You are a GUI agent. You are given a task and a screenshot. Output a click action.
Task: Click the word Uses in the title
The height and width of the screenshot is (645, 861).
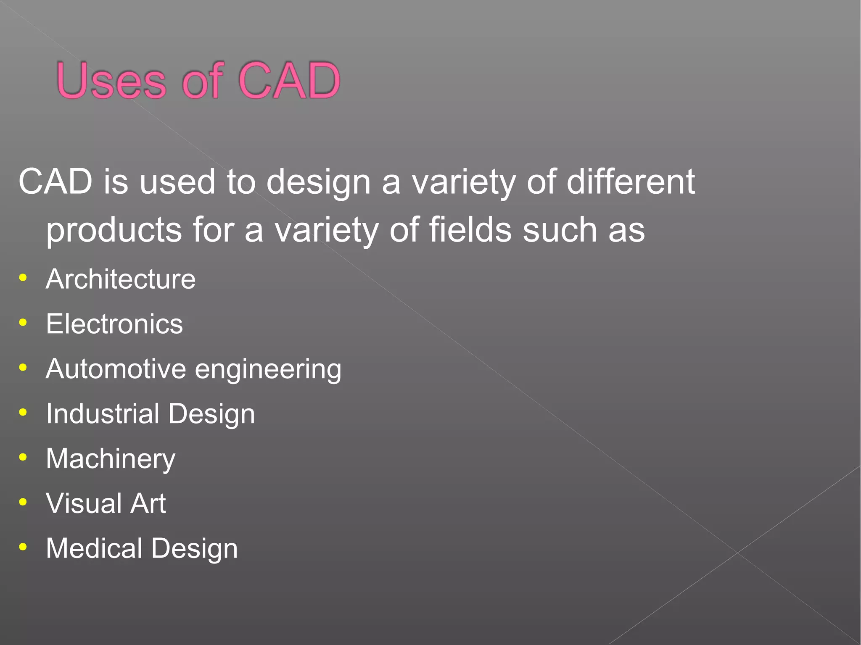111,81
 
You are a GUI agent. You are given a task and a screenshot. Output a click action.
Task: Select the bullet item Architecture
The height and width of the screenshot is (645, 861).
121,279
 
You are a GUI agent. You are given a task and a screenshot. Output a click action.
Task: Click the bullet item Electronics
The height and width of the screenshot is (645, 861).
114,324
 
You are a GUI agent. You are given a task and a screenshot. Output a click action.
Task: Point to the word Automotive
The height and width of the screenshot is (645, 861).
116,369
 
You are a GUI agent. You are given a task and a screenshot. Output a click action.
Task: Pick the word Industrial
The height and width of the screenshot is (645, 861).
103,413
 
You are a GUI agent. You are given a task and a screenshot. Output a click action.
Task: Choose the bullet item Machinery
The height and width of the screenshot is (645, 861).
111,459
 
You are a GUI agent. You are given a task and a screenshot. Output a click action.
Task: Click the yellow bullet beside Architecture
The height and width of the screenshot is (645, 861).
23,278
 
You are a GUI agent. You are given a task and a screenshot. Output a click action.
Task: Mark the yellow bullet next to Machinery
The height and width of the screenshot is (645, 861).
23,457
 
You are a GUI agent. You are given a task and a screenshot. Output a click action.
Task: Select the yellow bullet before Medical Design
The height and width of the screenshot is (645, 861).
23,547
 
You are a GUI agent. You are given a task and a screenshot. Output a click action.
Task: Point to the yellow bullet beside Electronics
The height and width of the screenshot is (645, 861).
23,323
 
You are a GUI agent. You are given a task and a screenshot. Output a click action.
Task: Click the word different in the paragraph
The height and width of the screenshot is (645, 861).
631,182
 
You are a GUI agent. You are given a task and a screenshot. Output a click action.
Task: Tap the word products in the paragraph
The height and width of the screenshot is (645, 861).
114,230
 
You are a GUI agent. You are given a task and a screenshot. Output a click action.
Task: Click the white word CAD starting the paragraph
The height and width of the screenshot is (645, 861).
55,182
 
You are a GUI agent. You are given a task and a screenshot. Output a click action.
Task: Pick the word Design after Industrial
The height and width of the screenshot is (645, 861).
211,414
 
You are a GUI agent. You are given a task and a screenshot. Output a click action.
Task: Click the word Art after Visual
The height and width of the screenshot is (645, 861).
148,503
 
